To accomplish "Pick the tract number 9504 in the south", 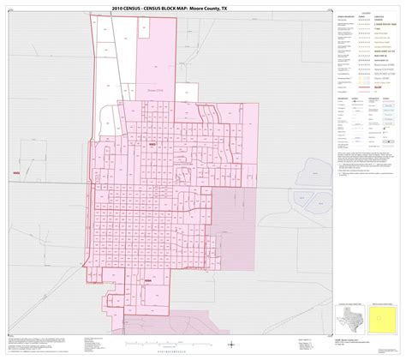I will pyautogui.click(x=148, y=279).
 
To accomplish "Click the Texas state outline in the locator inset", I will pyautogui.click(x=353, y=316).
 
